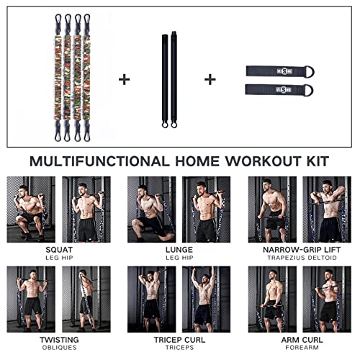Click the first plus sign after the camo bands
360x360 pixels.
[x=125, y=79]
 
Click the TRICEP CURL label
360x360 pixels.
[x=179, y=339]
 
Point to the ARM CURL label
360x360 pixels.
[x=299, y=339]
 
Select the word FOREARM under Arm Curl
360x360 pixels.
[x=299, y=348]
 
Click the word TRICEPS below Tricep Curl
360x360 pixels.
[x=179, y=348]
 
